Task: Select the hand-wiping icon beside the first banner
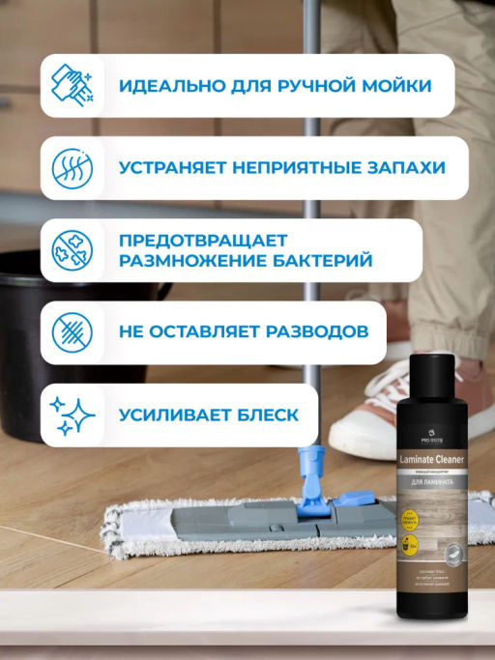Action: [x=73, y=85]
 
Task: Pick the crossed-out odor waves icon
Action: [x=73, y=167]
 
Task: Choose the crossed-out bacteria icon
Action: [x=73, y=249]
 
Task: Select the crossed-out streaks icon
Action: [x=73, y=331]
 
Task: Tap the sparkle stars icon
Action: [x=73, y=415]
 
